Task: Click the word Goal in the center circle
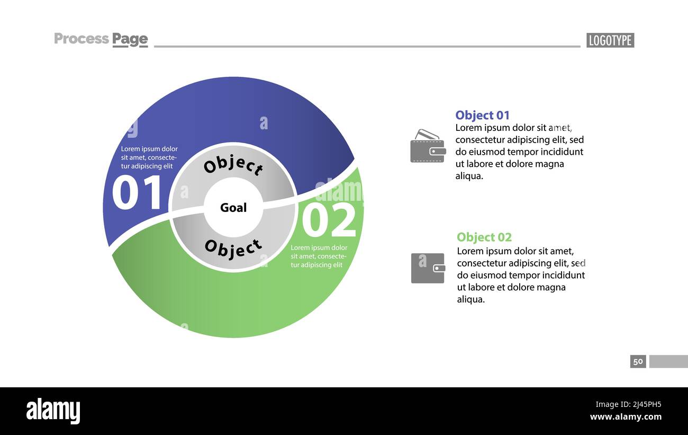(233, 208)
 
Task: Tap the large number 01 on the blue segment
(137, 193)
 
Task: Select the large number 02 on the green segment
(329, 220)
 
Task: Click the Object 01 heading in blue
(482, 115)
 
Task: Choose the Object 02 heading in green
(484, 237)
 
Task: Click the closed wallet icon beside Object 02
(428, 268)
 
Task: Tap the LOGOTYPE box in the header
(610, 40)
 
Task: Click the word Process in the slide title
(81, 39)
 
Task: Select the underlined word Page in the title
(130, 39)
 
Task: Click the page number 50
(638, 361)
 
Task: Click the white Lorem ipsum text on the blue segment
(149, 157)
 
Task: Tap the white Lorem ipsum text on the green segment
(319, 256)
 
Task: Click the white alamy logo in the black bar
(53, 411)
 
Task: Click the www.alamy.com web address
(626, 417)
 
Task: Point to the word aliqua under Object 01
(469, 176)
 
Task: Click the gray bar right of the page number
(668, 361)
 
